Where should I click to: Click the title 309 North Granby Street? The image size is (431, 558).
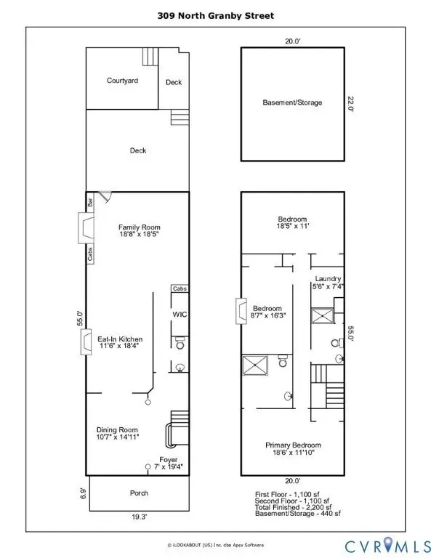pyautogui.click(x=216, y=16)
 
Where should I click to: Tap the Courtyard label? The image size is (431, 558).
pyautogui.click(x=122, y=81)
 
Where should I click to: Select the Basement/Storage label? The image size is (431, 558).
pyautogui.click(x=292, y=102)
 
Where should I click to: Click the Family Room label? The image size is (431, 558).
pyautogui.click(x=139, y=227)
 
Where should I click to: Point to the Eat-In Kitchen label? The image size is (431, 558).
pyautogui.click(x=120, y=339)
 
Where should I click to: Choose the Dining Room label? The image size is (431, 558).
pyautogui.click(x=117, y=430)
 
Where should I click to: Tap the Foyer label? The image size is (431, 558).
pyautogui.click(x=169, y=460)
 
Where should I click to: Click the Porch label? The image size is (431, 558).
pyautogui.click(x=139, y=493)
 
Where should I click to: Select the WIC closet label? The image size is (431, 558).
pyautogui.click(x=180, y=314)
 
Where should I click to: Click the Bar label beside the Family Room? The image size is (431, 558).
pyautogui.click(x=90, y=203)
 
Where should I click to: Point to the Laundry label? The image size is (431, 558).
pyautogui.click(x=328, y=279)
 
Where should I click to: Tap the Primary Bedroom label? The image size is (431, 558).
pyautogui.click(x=293, y=445)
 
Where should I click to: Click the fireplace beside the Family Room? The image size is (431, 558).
pyautogui.click(x=86, y=228)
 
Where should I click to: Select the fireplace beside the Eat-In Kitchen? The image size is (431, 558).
pyautogui.click(x=86, y=342)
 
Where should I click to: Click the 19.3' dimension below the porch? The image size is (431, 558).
pyautogui.click(x=139, y=517)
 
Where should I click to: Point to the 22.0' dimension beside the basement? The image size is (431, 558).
pyautogui.click(x=350, y=104)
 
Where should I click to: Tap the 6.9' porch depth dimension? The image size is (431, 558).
pyautogui.click(x=83, y=493)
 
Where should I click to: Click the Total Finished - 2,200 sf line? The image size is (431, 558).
pyautogui.click(x=293, y=507)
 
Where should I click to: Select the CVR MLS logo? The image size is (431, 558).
pyautogui.click(x=387, y=546)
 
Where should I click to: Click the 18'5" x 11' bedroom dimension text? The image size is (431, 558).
pyautogui.click(x=293, y=226)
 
